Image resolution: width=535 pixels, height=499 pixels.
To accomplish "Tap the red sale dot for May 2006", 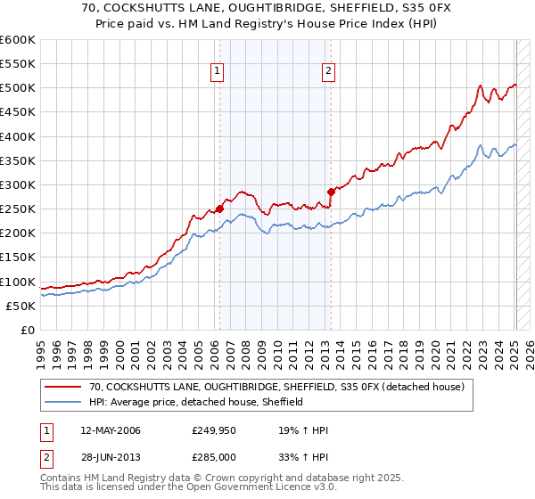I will point(219,209).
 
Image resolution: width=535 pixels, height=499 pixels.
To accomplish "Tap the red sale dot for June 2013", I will point(331,192).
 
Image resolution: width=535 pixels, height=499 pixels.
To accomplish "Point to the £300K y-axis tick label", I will point(17,184).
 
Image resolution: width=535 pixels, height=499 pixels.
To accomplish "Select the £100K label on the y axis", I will point(17,282).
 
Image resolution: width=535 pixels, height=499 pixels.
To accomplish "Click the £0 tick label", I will point(27,330).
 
